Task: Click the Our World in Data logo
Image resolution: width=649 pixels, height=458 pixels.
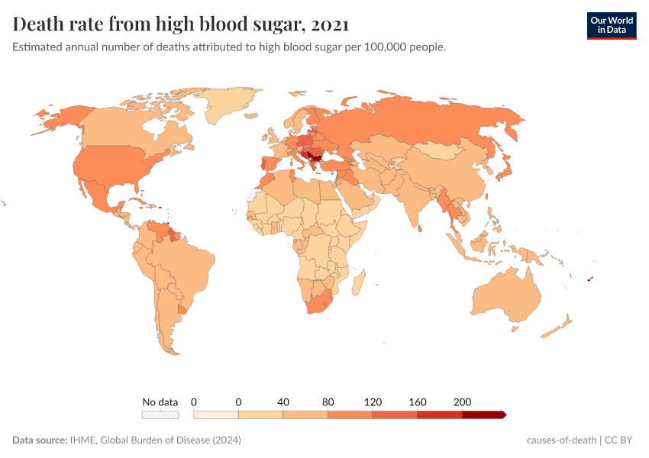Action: [612, 25]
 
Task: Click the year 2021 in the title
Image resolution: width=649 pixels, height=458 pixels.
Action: [330, 25]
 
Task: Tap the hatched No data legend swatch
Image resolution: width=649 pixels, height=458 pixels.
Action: [160, 414]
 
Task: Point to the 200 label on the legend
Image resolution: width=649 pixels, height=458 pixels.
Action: [462, 402]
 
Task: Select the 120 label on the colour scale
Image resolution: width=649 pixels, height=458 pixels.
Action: [373, 402]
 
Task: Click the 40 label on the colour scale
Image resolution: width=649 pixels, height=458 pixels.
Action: [283, 402]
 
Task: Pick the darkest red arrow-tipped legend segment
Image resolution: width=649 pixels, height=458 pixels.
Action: [483, 414]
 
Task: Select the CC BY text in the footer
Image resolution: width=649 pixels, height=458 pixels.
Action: [621, 440]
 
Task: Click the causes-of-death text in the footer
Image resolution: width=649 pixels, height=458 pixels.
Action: [561, 440]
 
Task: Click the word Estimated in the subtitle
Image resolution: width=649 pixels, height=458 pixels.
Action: [37, 47]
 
